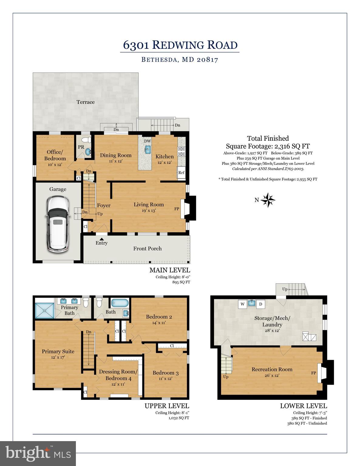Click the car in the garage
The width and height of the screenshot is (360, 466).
58,223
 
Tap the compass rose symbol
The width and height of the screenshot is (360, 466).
268,200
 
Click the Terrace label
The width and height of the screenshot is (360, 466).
86,102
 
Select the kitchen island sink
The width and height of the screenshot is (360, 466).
148,149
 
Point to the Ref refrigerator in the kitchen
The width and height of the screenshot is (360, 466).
181,172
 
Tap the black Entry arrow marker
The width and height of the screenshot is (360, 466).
102,240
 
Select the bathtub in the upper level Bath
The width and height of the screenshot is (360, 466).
120,303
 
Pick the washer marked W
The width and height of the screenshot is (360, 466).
242,304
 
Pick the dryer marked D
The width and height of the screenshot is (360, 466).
260,304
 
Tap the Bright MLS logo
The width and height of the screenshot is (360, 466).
38,453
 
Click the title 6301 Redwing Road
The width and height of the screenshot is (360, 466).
180,45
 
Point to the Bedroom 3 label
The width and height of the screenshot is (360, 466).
165,373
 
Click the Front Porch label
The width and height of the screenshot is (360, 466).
148,248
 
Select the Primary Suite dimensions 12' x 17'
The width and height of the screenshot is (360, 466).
58,357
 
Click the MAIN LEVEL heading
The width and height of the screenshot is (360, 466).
170,270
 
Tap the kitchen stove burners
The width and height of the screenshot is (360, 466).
182,151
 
